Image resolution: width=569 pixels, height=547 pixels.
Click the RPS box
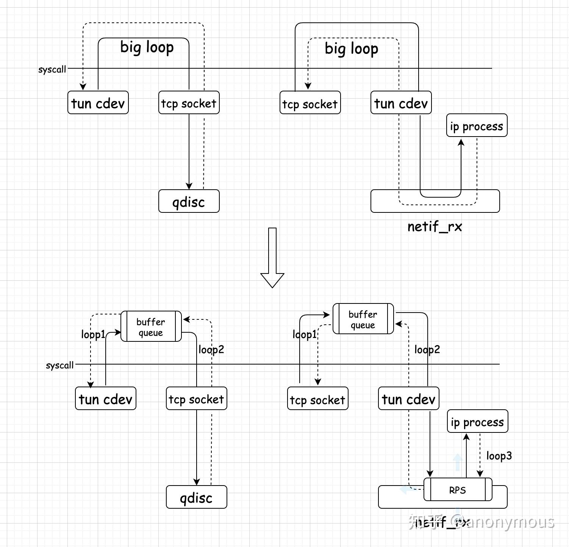(458, 490)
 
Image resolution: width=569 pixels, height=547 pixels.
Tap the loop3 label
(499, 456)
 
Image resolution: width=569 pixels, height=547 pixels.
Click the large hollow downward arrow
(272, 258)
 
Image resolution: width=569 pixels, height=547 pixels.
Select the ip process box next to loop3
(477, 421)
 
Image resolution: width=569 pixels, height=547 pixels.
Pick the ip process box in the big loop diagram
(477, 126)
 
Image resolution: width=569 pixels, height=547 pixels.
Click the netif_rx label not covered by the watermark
(435, 226)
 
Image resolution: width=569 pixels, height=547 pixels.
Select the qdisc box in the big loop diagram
(189, 201)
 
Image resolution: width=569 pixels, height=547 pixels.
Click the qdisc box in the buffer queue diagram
(196, 497)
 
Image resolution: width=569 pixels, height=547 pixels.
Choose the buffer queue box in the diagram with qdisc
(151, 327)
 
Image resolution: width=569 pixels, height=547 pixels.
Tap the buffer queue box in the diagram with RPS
(363, 319)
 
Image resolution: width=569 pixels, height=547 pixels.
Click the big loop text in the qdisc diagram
(147, 47)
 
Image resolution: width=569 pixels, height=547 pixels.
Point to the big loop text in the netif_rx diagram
(351, 49)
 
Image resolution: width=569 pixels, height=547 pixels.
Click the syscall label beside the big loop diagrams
(52, 69)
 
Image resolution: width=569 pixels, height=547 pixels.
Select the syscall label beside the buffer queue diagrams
(59, 365)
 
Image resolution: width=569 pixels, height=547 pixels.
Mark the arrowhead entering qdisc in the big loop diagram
(189, 186)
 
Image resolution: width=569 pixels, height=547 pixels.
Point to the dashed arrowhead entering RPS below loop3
(480, 474)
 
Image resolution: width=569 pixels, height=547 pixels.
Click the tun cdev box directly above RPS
(408, 399)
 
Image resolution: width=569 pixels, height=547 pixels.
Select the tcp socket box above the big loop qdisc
(189, 103)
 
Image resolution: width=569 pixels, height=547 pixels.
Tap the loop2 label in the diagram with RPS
(427, 349)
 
